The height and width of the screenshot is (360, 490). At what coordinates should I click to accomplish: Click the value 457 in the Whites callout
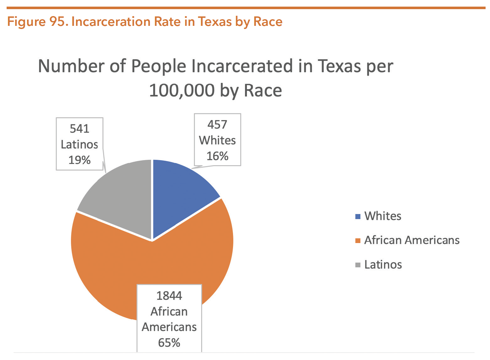click(x=217, y=125)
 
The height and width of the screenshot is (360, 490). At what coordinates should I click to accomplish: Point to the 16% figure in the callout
click(x=217, y=156)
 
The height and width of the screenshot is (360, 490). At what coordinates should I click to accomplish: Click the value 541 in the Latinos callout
click(x=79, y=129)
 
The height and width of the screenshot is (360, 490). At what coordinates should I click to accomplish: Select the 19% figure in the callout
click(x=79, y=160)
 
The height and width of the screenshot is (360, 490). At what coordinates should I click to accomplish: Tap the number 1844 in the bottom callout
click(x=169, y=296)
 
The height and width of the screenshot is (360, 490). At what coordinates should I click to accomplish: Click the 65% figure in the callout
click(x=169, y=343)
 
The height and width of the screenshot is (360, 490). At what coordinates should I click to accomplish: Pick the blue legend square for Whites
click(x=358, y=217)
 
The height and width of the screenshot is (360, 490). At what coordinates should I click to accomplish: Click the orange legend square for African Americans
click(x=358, y=241)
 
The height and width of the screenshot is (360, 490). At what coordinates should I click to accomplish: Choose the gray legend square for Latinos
click(x=358, y=265)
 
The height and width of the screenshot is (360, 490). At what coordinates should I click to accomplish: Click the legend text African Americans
click(x=412, y=240)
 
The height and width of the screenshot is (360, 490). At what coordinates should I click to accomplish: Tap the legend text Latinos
click(x=383, y=264)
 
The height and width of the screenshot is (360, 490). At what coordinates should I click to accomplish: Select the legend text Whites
click(x=383, y=216)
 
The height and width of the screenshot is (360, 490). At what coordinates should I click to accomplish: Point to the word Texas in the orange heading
click(x=215, y=22)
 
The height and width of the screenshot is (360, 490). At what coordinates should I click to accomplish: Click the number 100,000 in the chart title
click(x=182, y=90)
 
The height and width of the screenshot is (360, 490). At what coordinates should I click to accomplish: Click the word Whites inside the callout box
click(x=217, y=140)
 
